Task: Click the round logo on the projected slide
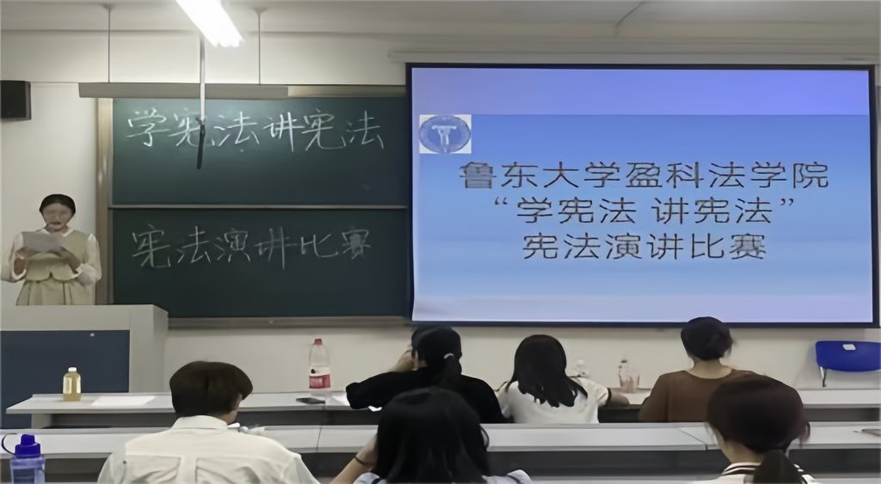tap(445, 134)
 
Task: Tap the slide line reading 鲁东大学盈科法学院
tap(644, 175)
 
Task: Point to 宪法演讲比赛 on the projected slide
tap(644, 246)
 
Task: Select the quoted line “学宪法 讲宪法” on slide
tap(644, 211)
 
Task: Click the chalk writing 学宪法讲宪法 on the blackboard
tap(255, 131)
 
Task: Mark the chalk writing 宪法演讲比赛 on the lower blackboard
tap(251, 245)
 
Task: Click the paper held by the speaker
tap(43, 242)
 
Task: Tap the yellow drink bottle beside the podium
tap(71, 384)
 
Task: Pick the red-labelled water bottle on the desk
tap(318, 365)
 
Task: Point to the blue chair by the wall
tap(847, 358)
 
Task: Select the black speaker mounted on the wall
tap(15, 100)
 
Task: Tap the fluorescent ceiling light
tap(210, 21)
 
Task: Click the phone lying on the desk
tap(311, 401)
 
